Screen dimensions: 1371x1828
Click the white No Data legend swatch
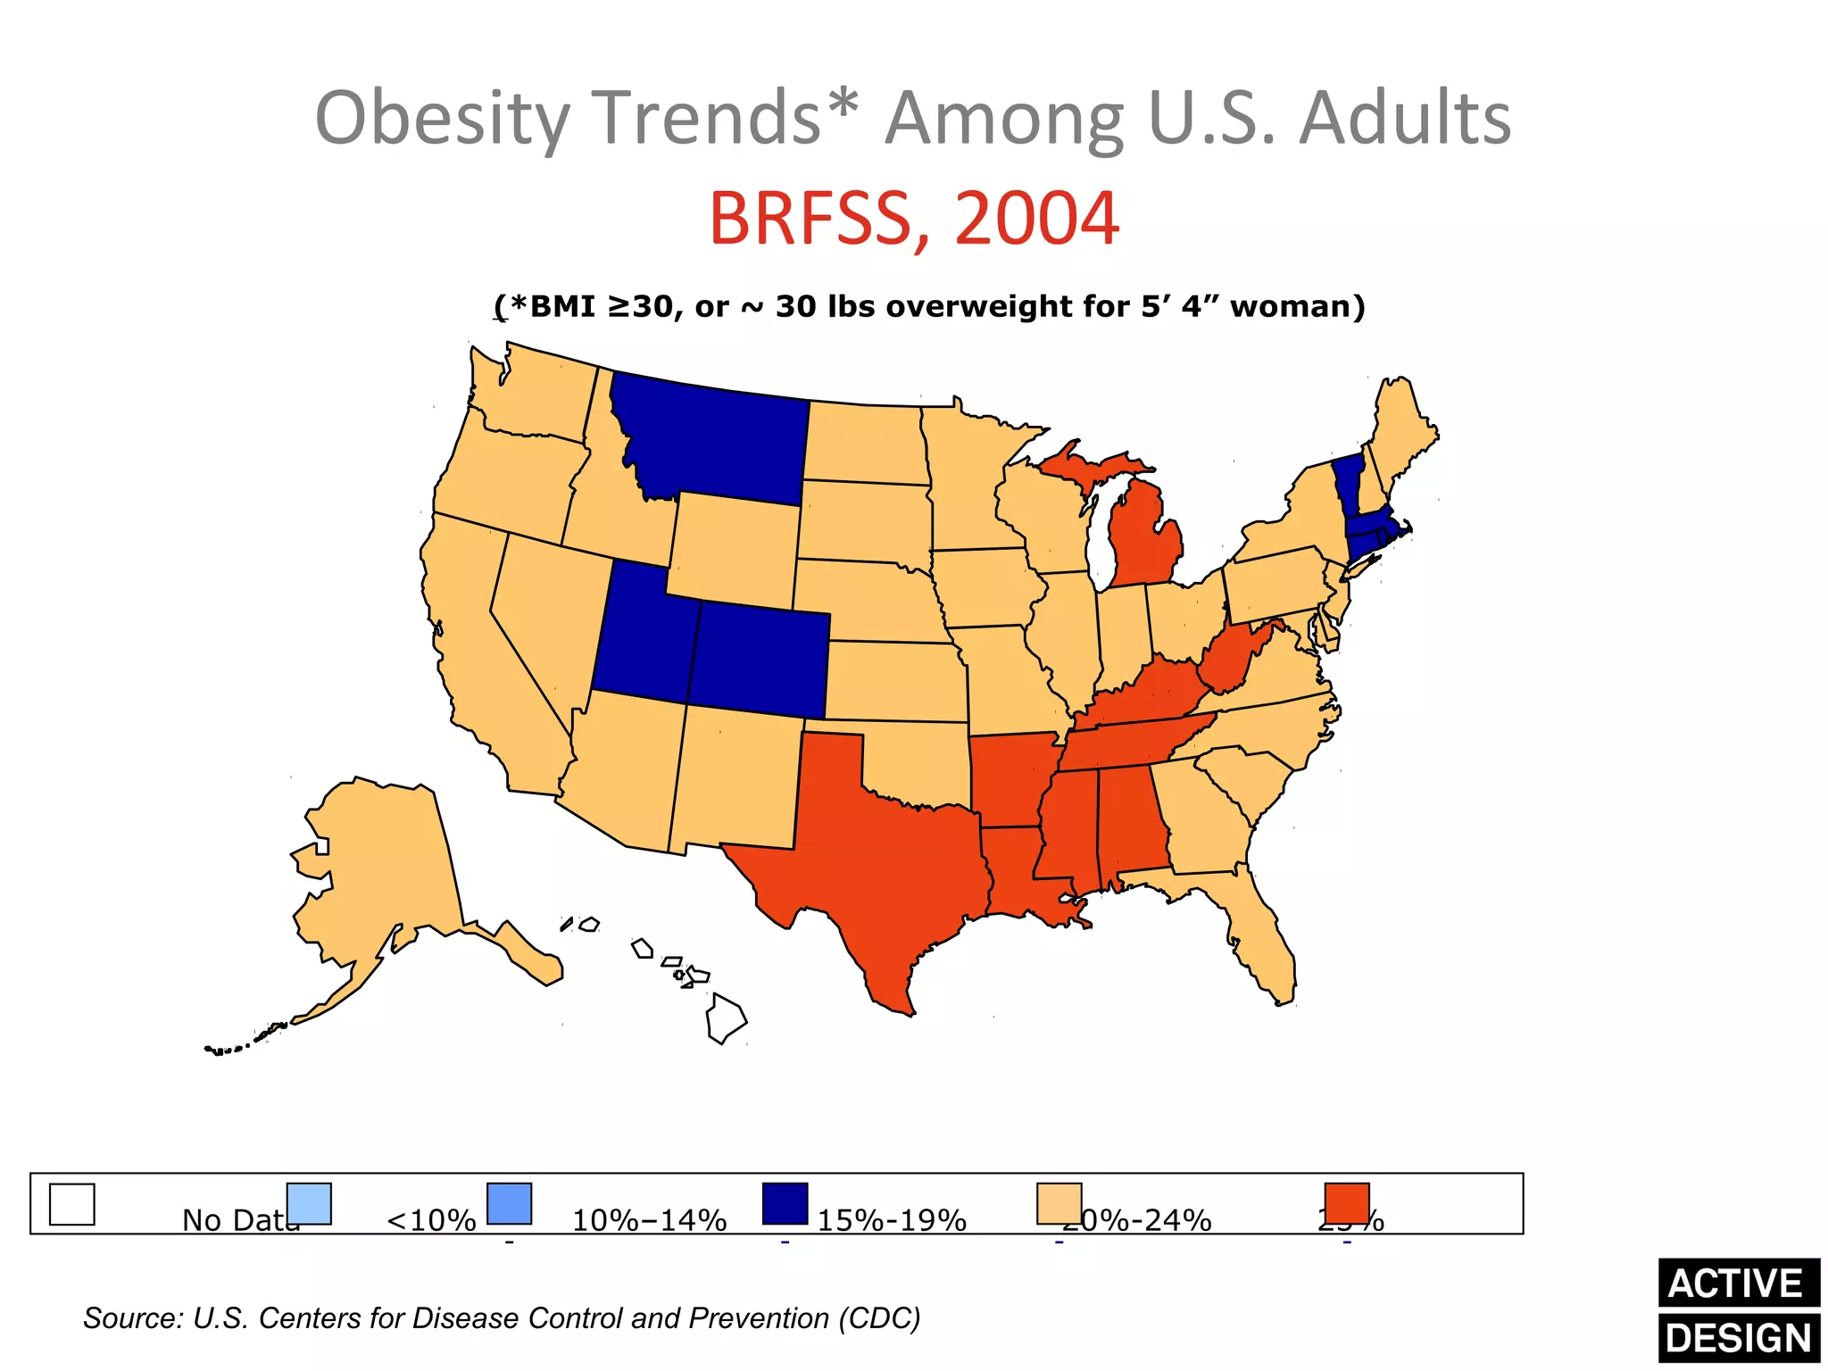point(71,1204)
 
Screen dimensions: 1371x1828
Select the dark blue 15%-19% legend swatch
point(785,1204)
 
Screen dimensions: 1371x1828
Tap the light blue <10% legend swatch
point(309,1204)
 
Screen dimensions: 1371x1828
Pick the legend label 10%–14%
point(649,1220)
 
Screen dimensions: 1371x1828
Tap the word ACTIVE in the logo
point(1736,1284)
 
